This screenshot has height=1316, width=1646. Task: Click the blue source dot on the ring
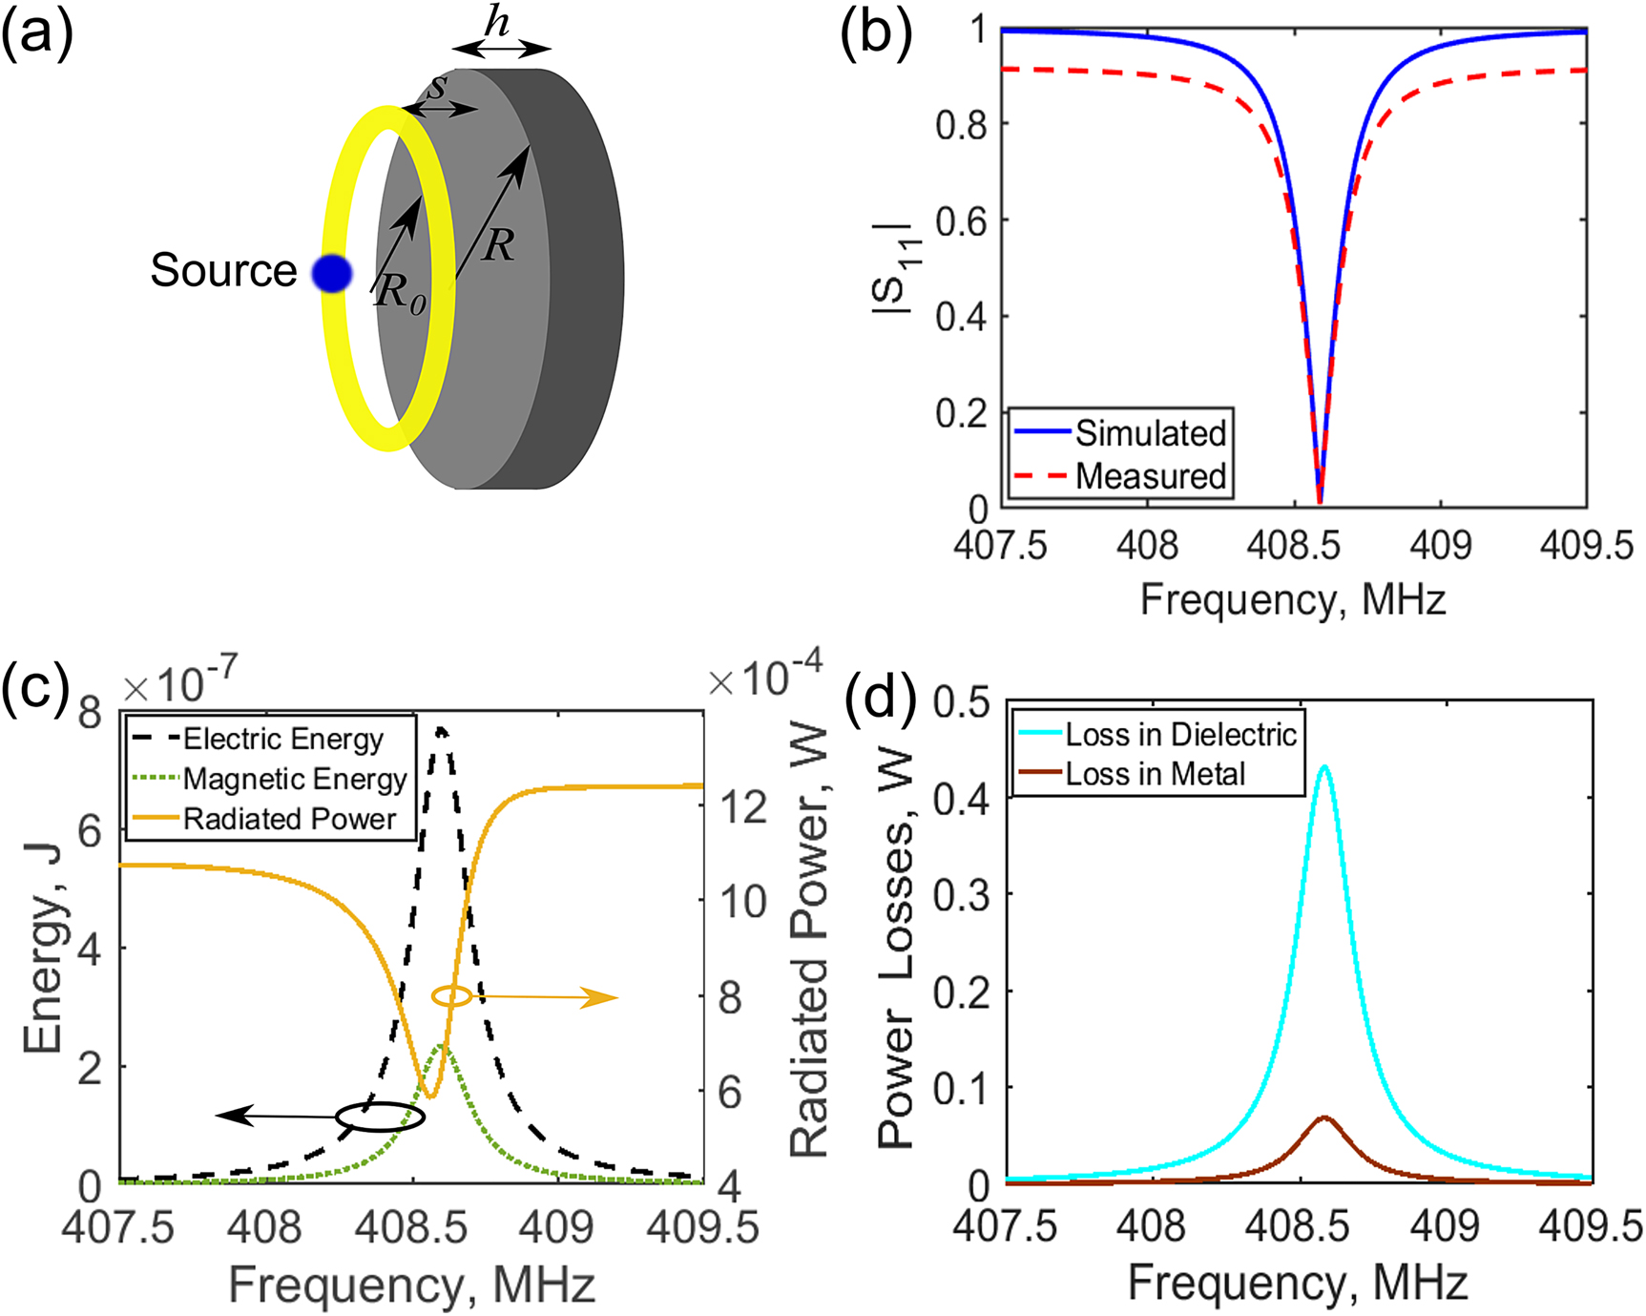pyautogui.click(x=332, y=274)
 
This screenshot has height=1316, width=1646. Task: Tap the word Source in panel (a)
pyautogui.click(x=223, y=271)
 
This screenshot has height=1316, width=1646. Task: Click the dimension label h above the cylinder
pyautogui.click(x=497, y=21)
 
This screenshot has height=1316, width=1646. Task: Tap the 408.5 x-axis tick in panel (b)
pyautogui.click(x=1294, y=546)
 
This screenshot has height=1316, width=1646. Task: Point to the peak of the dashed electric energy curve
pyautogui.click(x=440, y=730)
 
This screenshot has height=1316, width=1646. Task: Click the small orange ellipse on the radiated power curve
pyautogui.click(x=451, y=996)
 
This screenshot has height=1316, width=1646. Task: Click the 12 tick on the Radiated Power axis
pyautogui.click(x=743, y=806)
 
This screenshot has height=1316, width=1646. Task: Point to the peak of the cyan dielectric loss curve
pyautogui.click(x=1324, y=766)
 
